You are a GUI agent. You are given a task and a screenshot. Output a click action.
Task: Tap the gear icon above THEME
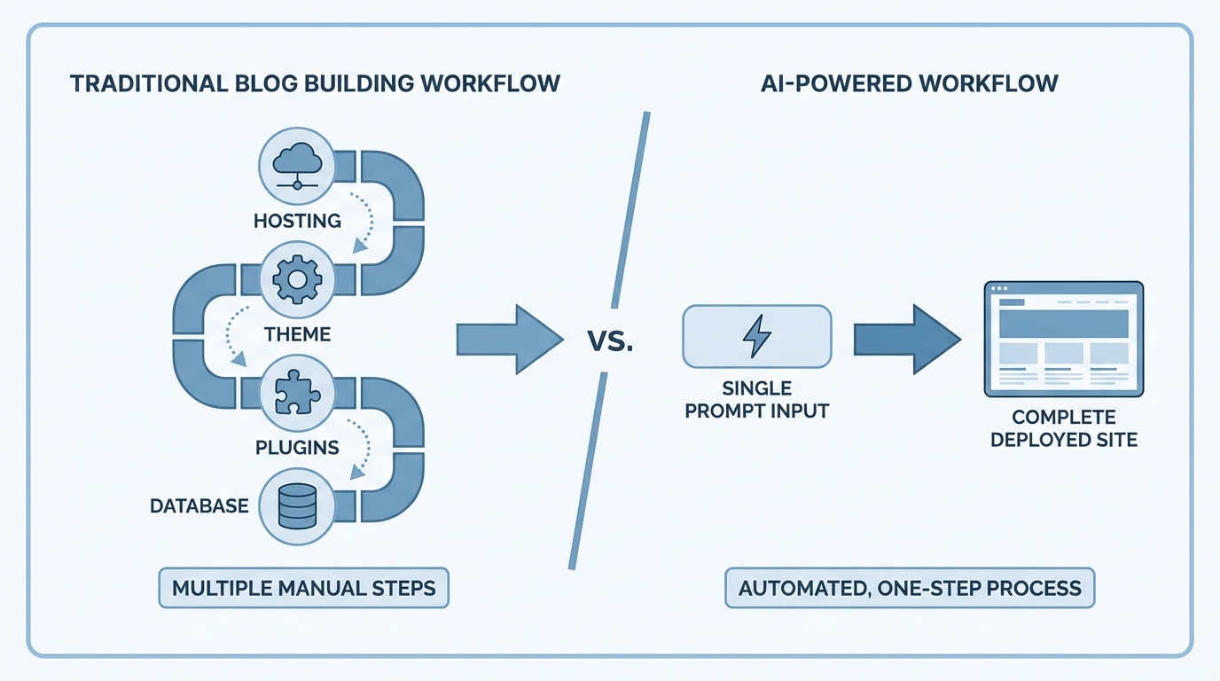297,280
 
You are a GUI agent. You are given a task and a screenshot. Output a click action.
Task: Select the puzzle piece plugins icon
297,393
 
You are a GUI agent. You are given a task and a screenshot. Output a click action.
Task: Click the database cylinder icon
297,506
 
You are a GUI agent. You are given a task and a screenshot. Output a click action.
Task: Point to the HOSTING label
297,221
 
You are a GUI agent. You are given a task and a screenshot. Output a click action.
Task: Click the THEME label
297,334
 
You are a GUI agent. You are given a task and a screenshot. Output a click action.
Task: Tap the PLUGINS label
297,447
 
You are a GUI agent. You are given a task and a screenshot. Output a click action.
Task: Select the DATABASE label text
199,506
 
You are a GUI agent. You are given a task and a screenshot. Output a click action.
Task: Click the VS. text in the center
610,341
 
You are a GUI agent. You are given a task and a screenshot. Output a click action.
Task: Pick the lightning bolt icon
756,336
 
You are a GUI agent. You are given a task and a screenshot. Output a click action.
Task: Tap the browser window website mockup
1063,340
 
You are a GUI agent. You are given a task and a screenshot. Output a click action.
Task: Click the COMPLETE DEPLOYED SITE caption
1063,428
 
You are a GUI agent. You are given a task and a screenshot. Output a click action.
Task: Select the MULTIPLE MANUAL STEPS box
303,589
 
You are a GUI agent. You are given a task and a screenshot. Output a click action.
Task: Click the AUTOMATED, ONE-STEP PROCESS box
910,589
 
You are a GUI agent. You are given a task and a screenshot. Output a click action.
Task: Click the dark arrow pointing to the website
905,340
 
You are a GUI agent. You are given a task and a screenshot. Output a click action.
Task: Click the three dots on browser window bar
999,289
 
